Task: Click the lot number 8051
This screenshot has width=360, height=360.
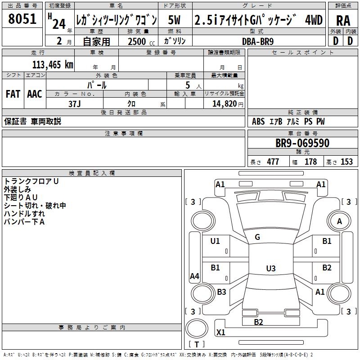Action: (22, 19)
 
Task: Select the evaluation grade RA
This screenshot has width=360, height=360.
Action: (343, 21)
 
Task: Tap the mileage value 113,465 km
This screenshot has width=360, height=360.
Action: (53, 65)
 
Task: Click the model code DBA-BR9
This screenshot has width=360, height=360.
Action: (258, 41)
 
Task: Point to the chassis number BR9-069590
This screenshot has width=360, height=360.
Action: (302, 143)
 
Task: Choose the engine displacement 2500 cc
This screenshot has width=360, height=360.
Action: (141, 41)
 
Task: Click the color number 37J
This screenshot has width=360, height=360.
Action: (74, 104)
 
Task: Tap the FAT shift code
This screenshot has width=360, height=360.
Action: (13, 94)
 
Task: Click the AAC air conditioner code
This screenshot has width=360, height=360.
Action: (35, 94)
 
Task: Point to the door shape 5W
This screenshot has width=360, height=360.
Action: (174, 20)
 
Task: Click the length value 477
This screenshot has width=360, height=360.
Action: (273, 162)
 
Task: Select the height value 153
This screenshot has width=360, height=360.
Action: (346, 162)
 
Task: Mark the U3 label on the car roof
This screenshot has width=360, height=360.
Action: (271, 268)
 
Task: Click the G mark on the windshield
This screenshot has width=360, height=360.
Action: (257, 237)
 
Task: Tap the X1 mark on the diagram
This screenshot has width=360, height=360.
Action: (220, 332)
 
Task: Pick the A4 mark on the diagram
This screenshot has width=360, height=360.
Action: (194, 276)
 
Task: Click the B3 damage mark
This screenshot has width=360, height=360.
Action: (221, 292)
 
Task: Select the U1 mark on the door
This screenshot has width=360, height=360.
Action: (215, 241)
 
